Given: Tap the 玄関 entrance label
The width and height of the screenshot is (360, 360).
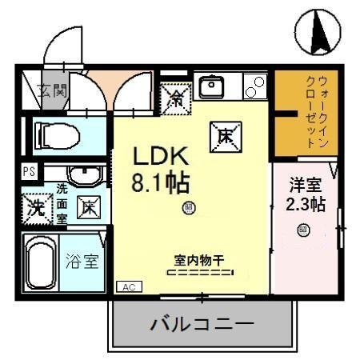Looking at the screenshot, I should pos(54,89).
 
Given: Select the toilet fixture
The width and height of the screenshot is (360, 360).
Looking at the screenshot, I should pos(58,137).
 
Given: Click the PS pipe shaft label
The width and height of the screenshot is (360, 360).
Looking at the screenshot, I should pos(29,170).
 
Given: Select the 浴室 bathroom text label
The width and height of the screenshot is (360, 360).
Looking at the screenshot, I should pos(82,261).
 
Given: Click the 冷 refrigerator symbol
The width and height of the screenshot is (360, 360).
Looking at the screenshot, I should pos(175,98).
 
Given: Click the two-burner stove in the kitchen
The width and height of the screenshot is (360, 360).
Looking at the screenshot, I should pos(255,86).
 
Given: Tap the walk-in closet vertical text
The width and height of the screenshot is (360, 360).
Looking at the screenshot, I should pos(316,111).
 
